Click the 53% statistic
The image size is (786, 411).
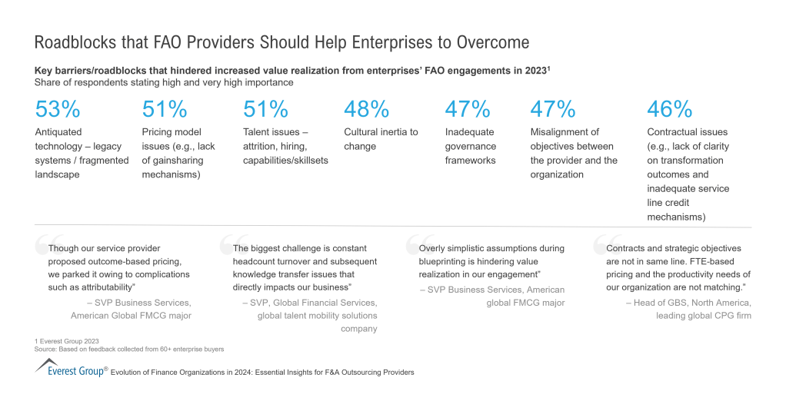pos(58,110)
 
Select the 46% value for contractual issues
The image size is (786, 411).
pos(670,110)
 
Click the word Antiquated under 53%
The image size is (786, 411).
pos(58,132)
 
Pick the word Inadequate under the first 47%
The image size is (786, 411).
pos(469,132)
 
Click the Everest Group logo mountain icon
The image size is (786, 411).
pos(46,364)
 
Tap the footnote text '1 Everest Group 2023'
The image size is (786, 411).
pos(67,341)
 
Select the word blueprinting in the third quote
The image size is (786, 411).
pos(446,261)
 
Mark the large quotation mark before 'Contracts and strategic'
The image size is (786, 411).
pos(601,244)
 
